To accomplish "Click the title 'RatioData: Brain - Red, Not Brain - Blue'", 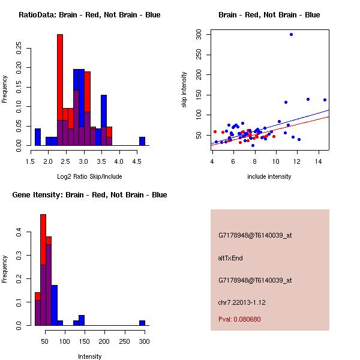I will (89, 15).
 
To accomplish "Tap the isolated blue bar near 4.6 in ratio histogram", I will (142, 141).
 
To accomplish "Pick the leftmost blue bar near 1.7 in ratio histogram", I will (38, 137).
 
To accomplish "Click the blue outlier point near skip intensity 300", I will (291, 35).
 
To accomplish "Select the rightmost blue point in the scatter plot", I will (325, 100).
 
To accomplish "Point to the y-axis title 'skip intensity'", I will (184, 90).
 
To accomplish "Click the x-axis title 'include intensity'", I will (270, 176).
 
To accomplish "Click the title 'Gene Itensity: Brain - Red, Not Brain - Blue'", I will (89, 195).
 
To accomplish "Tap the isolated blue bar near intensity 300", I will (142, 323).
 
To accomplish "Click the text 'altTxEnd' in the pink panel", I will (230, 258).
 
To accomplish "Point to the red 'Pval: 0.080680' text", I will (239, 319).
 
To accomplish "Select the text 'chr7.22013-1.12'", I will (242, 302).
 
